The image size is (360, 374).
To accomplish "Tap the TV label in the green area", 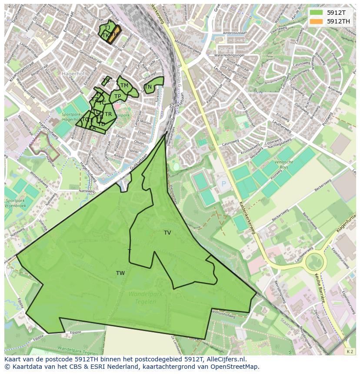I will click(x=167, y=233).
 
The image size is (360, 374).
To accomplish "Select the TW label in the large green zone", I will click(x=120, y=273).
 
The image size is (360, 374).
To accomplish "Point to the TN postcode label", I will click(x=148, y=87).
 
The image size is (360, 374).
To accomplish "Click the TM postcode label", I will click(x=124, y=86).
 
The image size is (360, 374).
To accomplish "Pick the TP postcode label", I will click(x=117, y=96).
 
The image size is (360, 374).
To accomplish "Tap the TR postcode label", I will click(x=108, y=114).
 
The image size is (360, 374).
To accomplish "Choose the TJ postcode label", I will click(x=107, y=28).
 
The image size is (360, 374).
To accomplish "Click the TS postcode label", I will click(x=107, y=81).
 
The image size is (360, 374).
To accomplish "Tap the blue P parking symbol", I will click(x=224, y=183).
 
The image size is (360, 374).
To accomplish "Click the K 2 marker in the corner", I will click(x=350, y=351).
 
